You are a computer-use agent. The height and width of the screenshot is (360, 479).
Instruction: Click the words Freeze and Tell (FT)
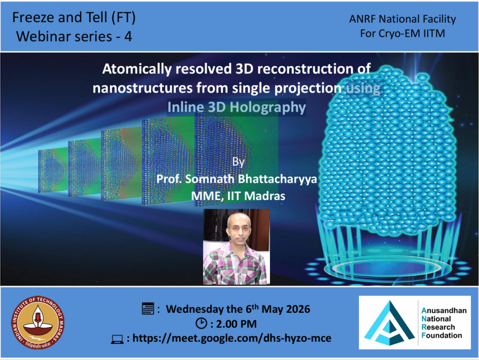pyautogui.click(x=74, y=17)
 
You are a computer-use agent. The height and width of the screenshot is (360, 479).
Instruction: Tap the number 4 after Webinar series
pyautogui.click(x=128, y=36)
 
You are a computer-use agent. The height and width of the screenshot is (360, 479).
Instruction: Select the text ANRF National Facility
pyautogui.click(x=402, y=19)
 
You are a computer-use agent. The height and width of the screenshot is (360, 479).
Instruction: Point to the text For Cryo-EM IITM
pyautogui.click(x=402, y=33)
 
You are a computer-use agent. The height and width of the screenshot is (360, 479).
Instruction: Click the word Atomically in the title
pyautogui.click(x=137, y=69)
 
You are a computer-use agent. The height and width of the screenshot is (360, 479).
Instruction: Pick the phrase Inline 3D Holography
pyautogui.click(x=236, y=107)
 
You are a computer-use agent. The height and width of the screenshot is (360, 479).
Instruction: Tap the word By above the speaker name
pyautogui.click(x=238, y=161)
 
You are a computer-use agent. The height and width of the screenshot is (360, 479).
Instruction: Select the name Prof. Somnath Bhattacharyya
pyautogui.click(x=237, y=179)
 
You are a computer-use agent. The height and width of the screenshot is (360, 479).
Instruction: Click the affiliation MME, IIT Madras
pyautogui.click(x=238, y=196)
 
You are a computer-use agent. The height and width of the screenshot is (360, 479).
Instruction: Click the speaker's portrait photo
pyautogui.click(x=236, y=247)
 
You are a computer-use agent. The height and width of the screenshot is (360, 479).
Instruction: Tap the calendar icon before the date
pyautogui.click(x=148, y=309)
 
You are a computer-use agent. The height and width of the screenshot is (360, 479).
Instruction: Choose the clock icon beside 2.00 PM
pyautogui.click(x=201, y=323)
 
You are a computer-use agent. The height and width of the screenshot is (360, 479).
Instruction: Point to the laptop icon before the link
pyautogui.click(x=117, y=339)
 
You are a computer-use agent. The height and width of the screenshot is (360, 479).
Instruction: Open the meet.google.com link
pyautogui.click(x=232, y=338)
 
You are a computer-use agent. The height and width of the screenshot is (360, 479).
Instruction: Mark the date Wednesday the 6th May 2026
pyautogui.click(x=238, y=309)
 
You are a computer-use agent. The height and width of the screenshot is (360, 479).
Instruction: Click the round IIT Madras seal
pyautogui.click(x=38, y=323)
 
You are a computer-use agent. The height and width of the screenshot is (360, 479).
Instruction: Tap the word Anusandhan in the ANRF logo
pyautogui.click(x=444, y=310)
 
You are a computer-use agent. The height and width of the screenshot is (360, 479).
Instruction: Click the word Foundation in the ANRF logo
pyautogui.click(x=442, y=335)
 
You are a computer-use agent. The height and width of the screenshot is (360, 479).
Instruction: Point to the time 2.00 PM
pyautogui.click(x=236, y=324)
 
